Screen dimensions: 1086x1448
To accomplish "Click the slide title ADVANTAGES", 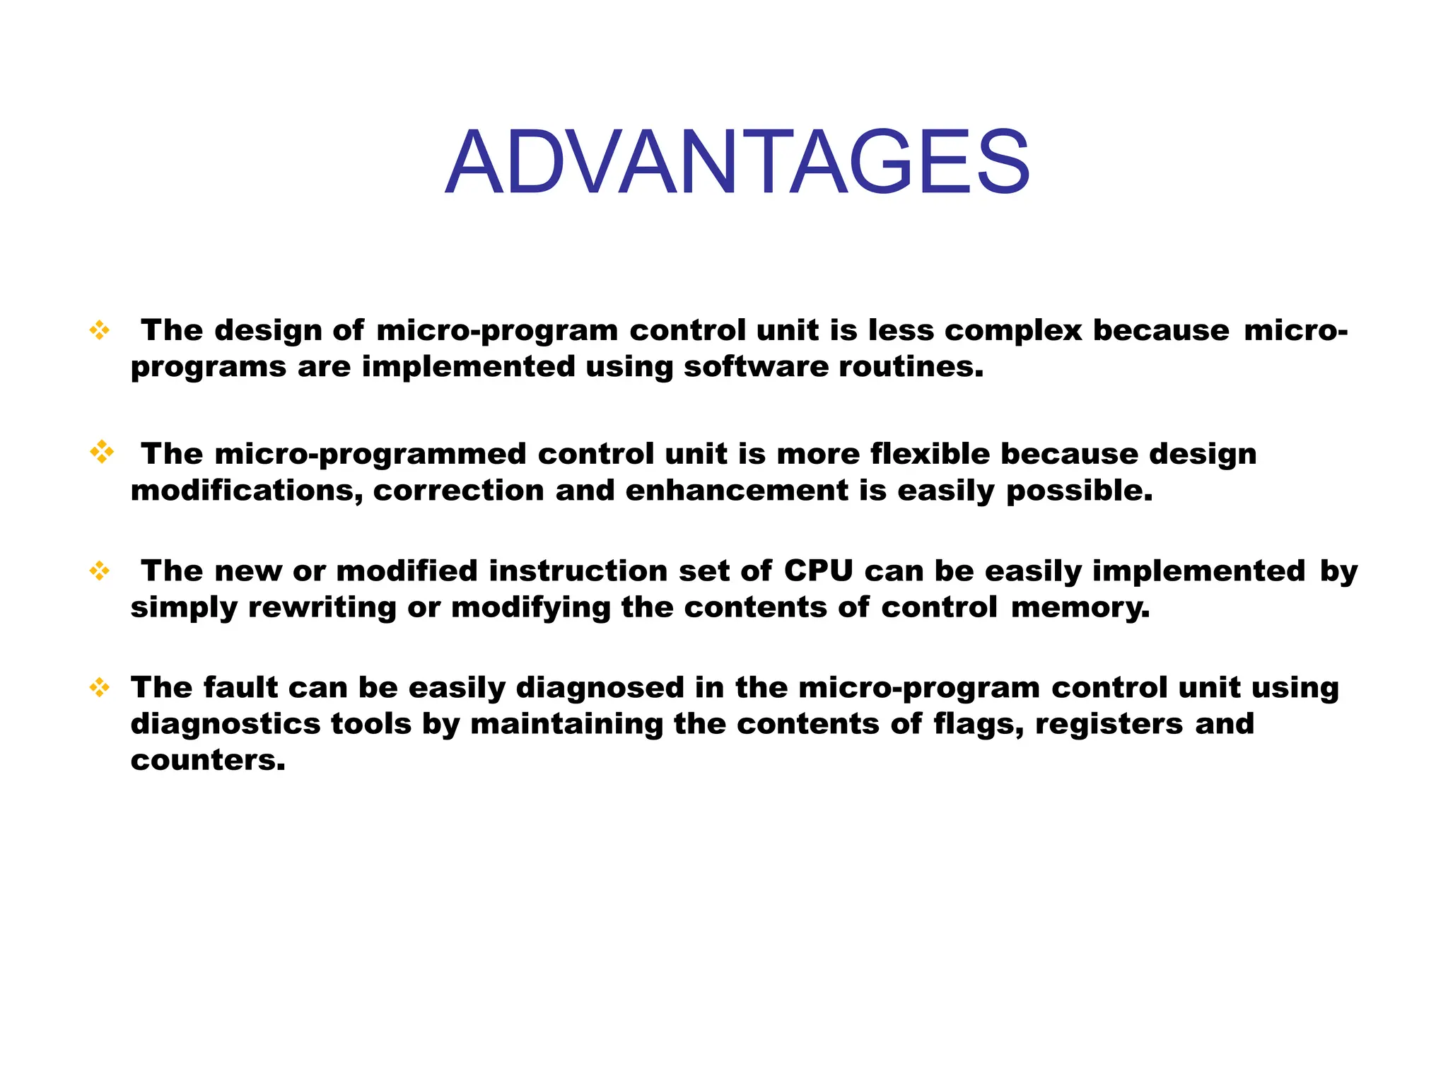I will click(x=737, y=162).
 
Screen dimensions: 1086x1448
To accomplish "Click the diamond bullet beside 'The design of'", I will click(x=100, y=330).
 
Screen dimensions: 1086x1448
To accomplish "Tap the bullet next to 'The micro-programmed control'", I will click(x=102, y=452).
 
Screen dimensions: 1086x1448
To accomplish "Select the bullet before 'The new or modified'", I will click(x=100, y=571).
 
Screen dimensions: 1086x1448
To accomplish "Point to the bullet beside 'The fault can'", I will click(x=100, y=687).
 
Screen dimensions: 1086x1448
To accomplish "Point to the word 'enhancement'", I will click(x=736, y=491).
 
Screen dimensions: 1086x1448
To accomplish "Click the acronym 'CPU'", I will click(x=818, y=571).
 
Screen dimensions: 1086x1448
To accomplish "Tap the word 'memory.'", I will click(x=1080, y=607).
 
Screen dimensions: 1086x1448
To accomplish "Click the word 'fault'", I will click(x=240, y=687).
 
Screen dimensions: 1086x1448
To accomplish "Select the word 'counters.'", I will click(x=208, y=760).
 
